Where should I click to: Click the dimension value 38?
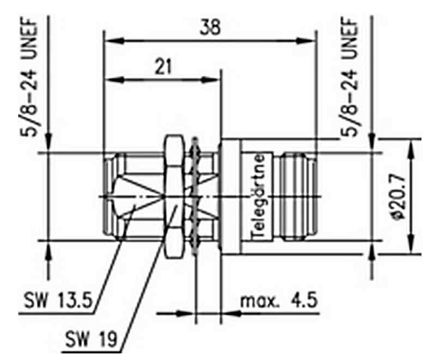tap(210, 27)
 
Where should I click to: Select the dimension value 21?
tap(163, 67)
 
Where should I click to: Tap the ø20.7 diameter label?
tap(398, 197)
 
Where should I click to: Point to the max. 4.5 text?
tap(278, 301)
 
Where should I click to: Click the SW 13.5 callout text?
tap(58, 300)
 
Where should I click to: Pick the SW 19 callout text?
tap(91, 339)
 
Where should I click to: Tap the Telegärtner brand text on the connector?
tap(258, 196)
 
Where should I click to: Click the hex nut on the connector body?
tap(173, 196)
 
